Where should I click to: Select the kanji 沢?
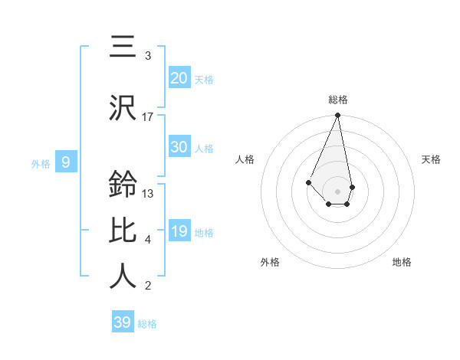(x=123, y=107)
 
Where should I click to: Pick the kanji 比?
(x=123, y=230)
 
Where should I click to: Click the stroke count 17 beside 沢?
(x=148, y=116)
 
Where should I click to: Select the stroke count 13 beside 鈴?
(x=148, y=193)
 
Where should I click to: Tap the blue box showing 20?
(x=179, y=77)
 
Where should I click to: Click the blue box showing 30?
(x=179, y=147)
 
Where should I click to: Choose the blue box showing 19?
(x=179, y=231)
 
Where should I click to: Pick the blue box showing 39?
(x=122, y=322)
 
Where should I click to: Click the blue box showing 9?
(x=66, y=162)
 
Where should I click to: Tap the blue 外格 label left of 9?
(x=40, y=163)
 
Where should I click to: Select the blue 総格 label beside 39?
(x=147, y=324)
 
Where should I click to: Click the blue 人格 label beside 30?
(x=204, y=149)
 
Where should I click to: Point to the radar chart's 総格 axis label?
(x=337, y=100)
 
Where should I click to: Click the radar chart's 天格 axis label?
(x=431, y=159)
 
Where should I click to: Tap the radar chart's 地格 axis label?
(x=402, y=262)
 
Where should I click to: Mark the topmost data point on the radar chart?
(x=337, y=116)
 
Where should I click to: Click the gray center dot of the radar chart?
(x=337, y=191)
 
